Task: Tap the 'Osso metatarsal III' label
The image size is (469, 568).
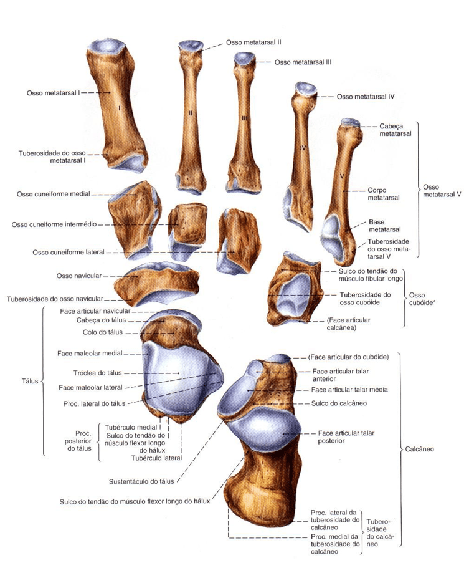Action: coord(302,62)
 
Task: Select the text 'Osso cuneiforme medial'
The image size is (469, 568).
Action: coord(54,194)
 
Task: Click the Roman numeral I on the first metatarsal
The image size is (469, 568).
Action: coord(118,108)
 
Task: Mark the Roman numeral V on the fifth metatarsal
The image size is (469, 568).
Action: coord(343,176)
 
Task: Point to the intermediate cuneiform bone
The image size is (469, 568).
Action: coord(186,223)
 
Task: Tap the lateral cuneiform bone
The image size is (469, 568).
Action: coord(235,234)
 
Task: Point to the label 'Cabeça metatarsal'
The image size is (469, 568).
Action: coord(396,130)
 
